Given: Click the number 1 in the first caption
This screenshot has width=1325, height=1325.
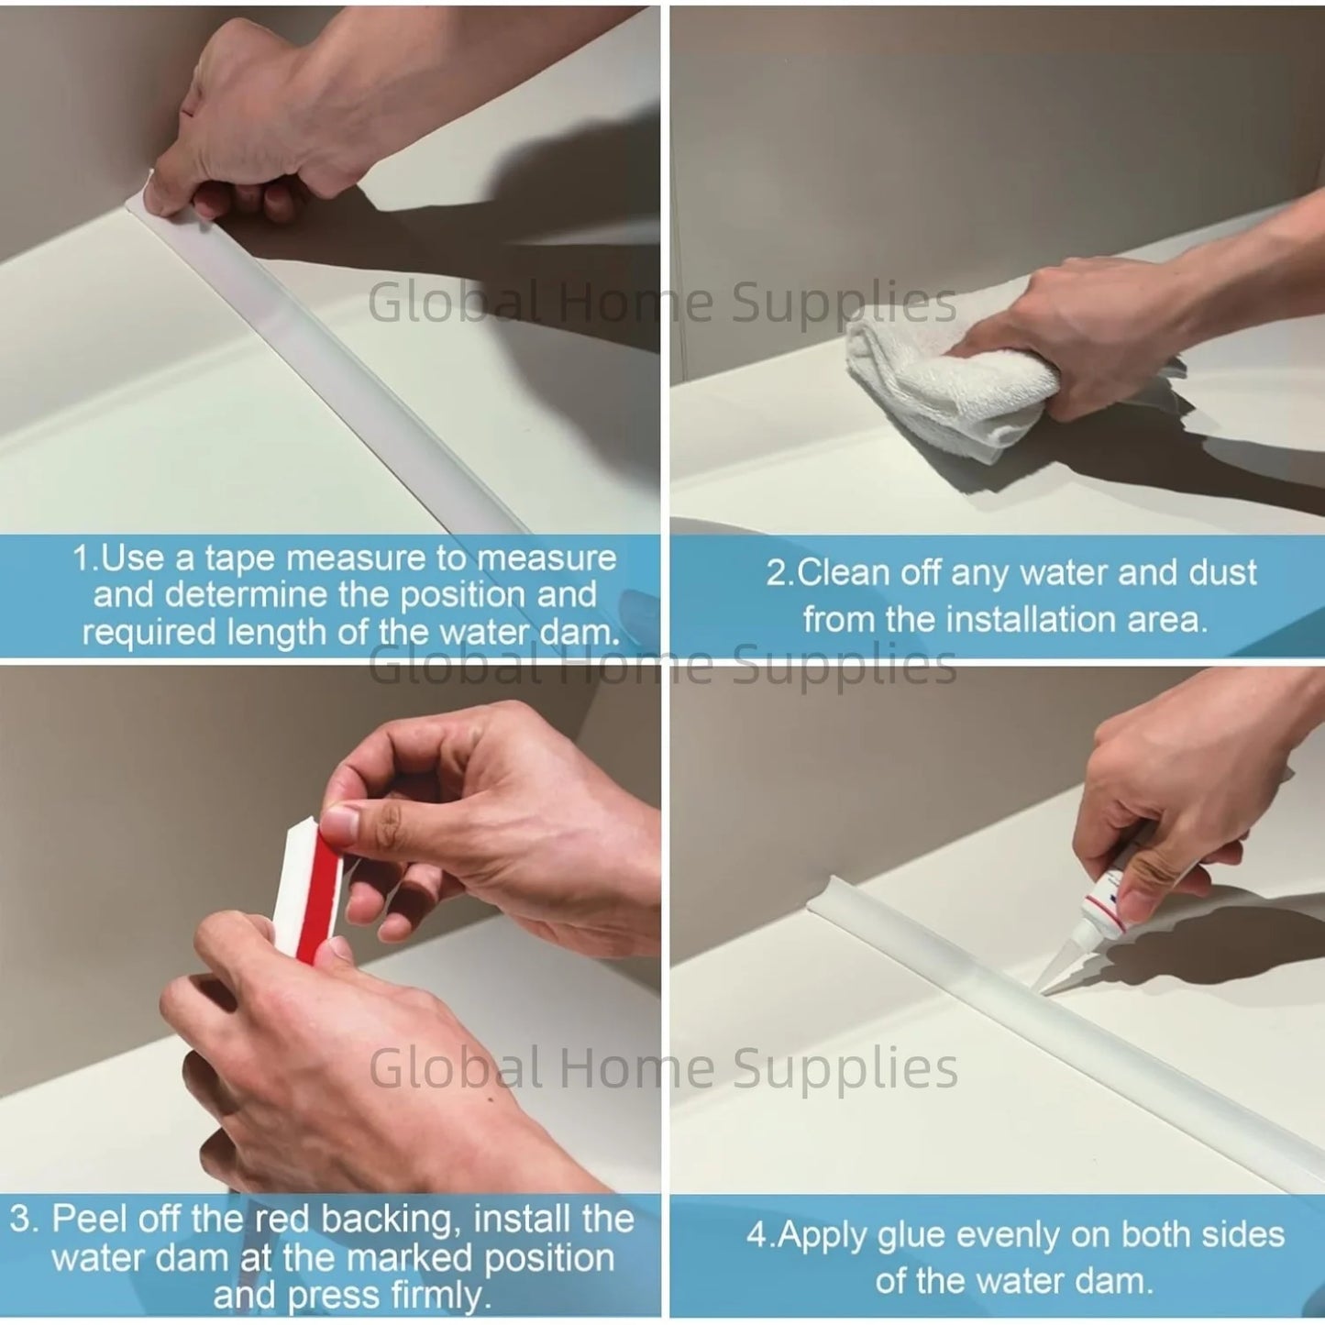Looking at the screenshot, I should tap(80, 558).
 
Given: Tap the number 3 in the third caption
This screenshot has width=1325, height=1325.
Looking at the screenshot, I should tap(21, 1219).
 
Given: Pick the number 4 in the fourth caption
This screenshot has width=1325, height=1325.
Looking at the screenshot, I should tap(756, 1234).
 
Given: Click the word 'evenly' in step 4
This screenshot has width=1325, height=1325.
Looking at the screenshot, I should tap(1008, 1235).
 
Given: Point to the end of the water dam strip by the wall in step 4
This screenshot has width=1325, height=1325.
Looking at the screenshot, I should tap(814, 907).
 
